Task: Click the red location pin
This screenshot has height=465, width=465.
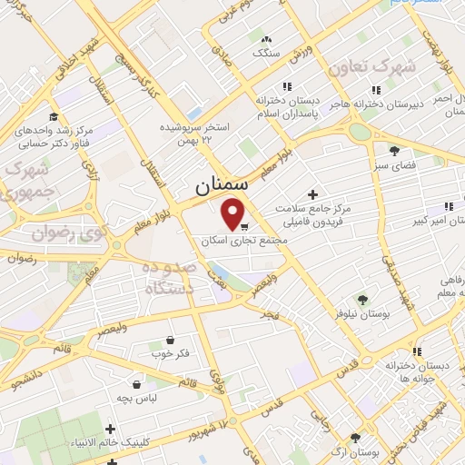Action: click(234, 213)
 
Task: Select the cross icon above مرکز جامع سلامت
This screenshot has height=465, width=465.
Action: click(313, 194)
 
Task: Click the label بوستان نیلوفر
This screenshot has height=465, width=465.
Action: click(361, 313)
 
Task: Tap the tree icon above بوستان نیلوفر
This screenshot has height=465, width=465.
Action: click(362, 299)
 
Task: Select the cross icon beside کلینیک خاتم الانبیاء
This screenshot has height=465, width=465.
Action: click(111, 429)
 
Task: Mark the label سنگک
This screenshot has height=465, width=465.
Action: click(266, 54)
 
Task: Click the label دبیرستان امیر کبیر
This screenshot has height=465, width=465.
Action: click(434, 220)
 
